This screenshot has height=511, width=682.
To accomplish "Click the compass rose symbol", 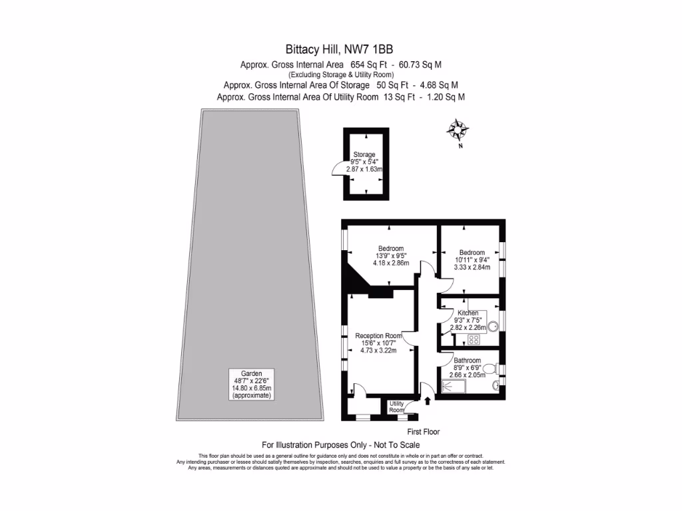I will point(458,129).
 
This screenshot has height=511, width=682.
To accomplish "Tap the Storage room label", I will point(364,154).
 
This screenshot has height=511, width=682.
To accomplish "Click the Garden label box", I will point(252,384).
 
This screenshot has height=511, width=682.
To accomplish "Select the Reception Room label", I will point(378,335).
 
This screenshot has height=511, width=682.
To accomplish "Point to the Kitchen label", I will point(468,313).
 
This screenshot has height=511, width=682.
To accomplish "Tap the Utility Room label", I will point(397,407).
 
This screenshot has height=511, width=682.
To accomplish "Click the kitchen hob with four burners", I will point(475,339).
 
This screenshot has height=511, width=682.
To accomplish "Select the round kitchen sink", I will point(494,327).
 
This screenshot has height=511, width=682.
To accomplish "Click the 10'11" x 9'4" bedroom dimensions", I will point(472,260).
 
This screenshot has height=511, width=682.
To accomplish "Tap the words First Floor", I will point(423,432).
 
